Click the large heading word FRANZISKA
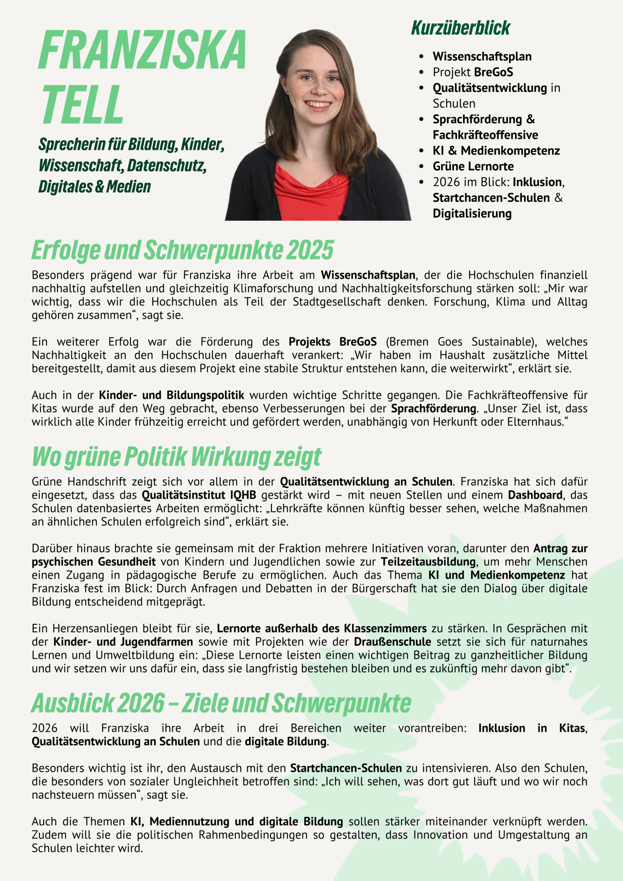click(142, 50)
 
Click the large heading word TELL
click(82, 104)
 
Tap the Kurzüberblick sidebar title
click(460, 28)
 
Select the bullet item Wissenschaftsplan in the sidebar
click(482, 56)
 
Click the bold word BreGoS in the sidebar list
click(494, 72)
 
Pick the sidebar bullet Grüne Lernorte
click(473, 166)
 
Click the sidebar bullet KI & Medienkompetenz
click(496, 150)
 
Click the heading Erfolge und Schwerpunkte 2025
click(182, 250)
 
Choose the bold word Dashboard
click(535, 495)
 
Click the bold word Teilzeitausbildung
click(428, 562)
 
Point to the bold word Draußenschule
click(392, 641)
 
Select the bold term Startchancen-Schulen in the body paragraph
click(346, 768)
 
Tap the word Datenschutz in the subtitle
click(167, 166)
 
